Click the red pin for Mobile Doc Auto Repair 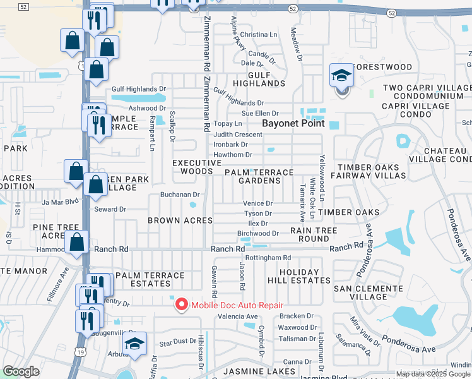click(182, 304)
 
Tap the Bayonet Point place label click(293, 123)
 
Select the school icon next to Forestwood click(341, 76)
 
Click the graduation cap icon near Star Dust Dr click(134, 344)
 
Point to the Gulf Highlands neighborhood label click(260, 78)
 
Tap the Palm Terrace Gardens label click(259, 176)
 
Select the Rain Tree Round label click(314, 235)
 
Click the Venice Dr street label click(258, 203)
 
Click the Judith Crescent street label click(238, 135)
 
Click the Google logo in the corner click(21, 371)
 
